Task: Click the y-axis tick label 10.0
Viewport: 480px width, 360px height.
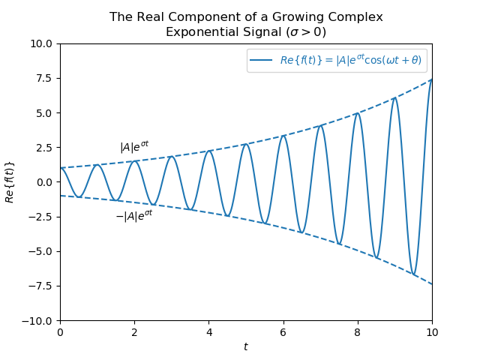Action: (41, 43)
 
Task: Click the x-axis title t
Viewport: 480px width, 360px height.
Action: (246, 346)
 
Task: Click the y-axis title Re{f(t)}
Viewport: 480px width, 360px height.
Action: (10, 182)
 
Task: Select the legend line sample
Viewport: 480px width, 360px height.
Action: (262, 60)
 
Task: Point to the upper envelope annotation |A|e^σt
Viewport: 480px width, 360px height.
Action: (134, 147)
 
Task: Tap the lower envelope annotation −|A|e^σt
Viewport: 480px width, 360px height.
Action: (133, 216)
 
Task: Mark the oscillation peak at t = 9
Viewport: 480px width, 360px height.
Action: (394, 97)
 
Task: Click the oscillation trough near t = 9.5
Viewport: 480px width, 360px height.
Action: (413, 274)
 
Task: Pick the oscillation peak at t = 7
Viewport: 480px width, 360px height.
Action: (320, 125)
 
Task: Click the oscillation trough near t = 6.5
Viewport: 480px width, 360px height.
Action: (302, 232)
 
